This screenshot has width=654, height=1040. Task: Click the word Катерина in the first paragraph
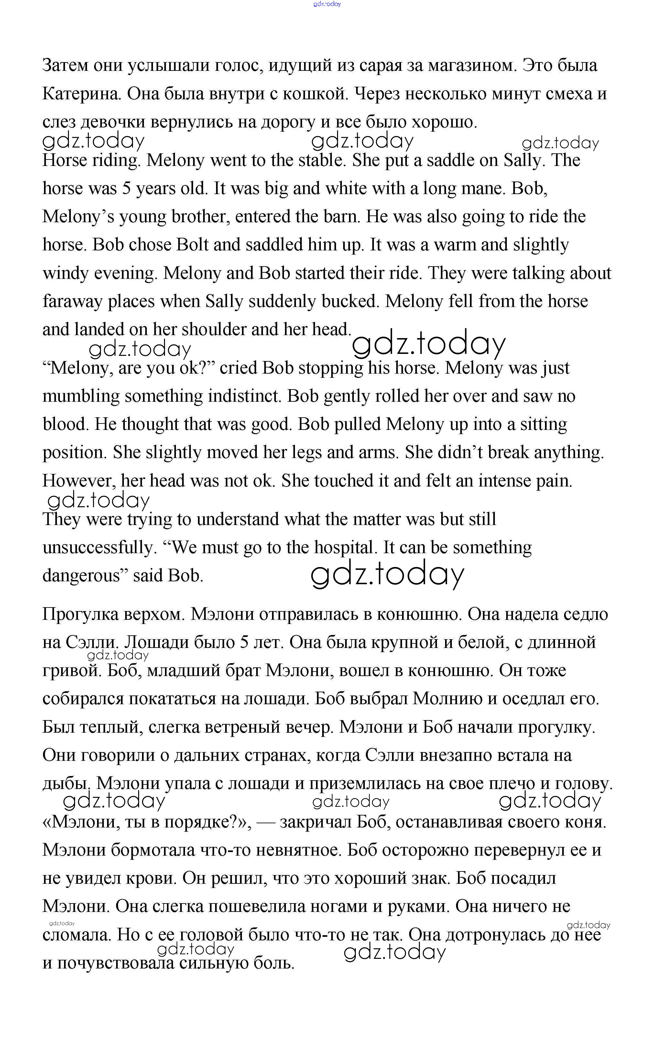(x=81, y=94)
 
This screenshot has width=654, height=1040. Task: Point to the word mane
(x=481, y=189)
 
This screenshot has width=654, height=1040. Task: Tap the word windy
(x=66, y=273)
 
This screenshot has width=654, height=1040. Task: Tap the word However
(x=79, y=481)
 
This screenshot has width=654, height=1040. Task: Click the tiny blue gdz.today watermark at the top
(x=327, y=4)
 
